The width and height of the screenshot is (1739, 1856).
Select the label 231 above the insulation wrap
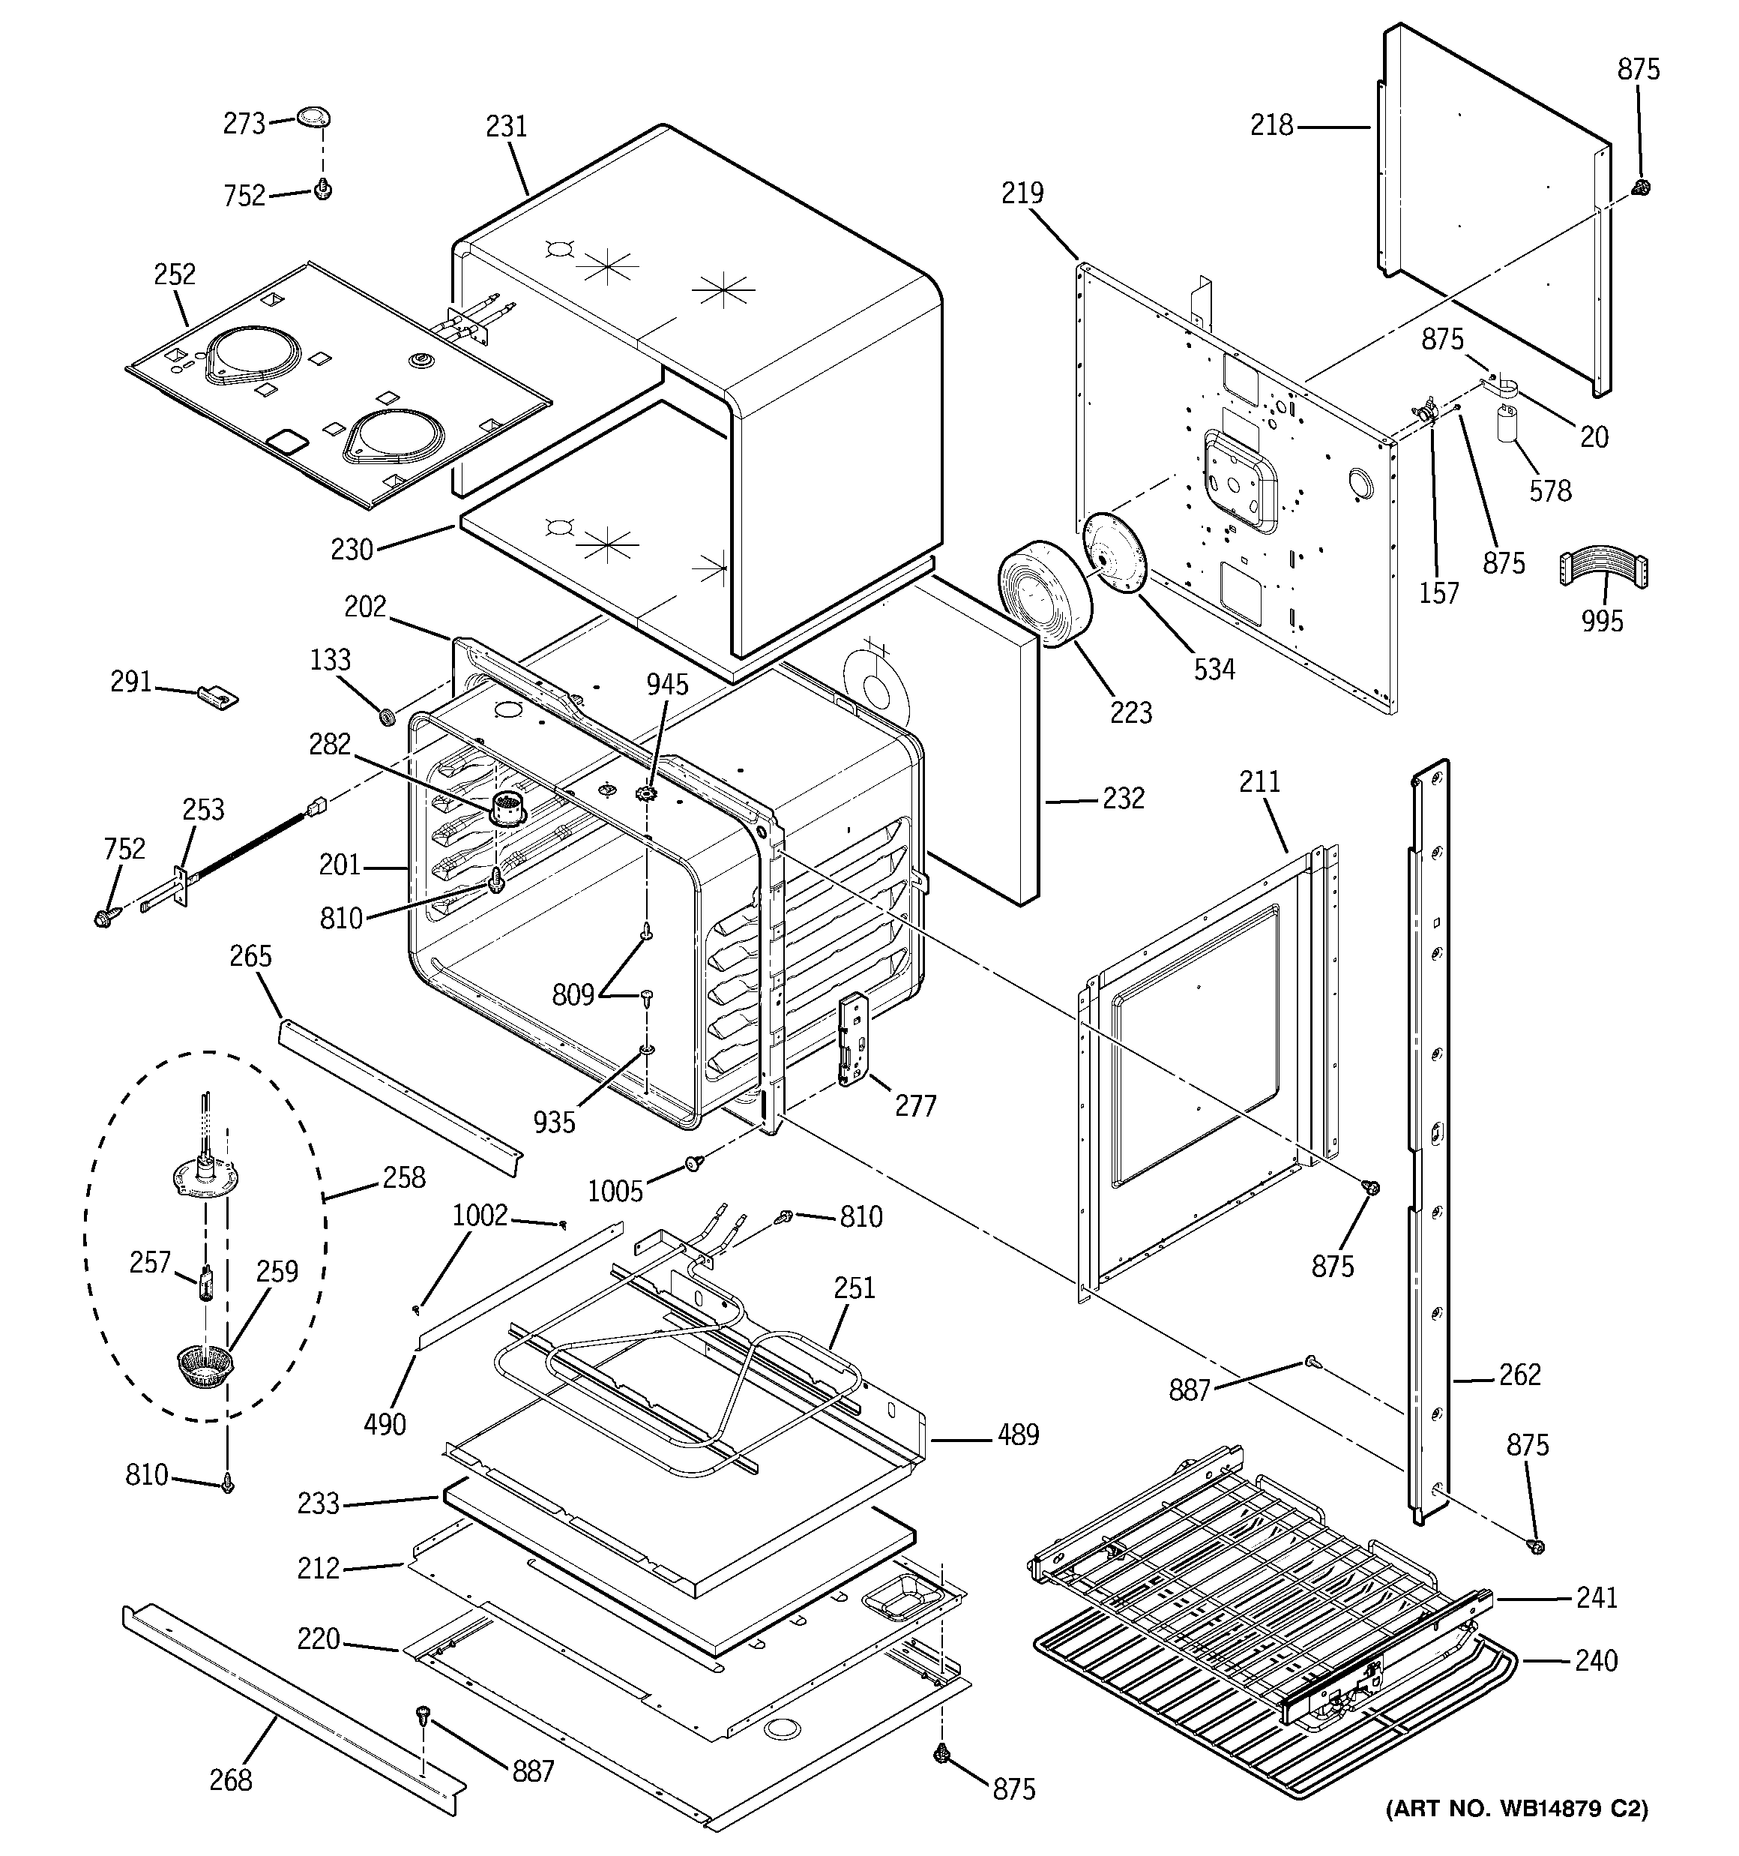click(506, 126)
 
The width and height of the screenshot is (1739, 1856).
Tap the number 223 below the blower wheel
click(1130, 712)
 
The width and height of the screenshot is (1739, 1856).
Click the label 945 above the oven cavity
click(666, 685)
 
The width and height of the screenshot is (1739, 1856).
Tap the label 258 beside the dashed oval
click(403, 1177)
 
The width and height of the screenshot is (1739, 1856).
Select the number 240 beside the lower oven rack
click(1595, 1660)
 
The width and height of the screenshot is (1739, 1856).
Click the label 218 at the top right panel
click(1271, 124)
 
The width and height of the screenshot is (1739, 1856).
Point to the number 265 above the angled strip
click(250, 955)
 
